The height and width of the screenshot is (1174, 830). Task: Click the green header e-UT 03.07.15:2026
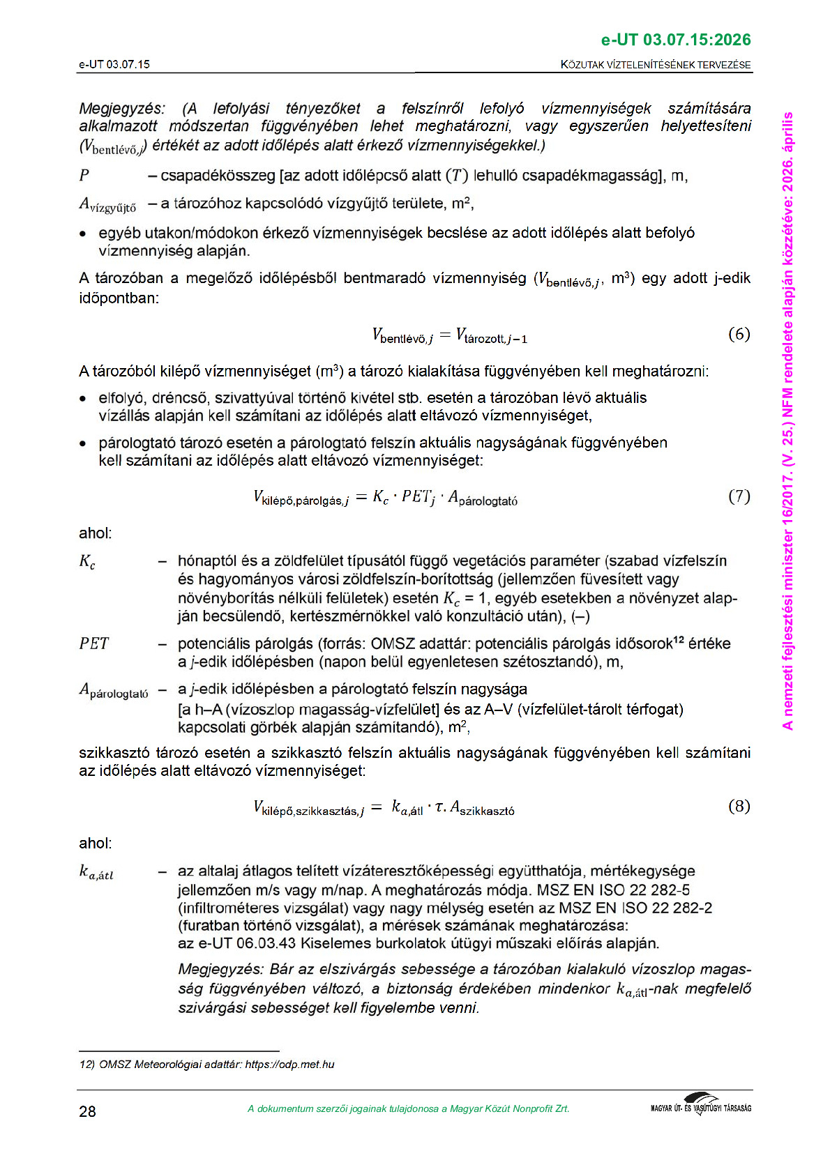click(x=675, y=40)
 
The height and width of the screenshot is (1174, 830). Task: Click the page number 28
click(x=87, y=1111)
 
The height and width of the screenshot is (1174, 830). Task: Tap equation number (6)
click(x=739, y=334)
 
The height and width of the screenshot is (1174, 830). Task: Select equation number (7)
click(x=739, y=496)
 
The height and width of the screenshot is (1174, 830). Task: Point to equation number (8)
click(x=739, y=807)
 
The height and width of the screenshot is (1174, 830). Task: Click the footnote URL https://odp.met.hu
click(x=289, y=1065)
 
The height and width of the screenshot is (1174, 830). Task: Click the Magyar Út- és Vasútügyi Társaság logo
click(x=700, y=1104)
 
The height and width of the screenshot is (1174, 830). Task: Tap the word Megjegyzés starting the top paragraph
click(x=122, y=109)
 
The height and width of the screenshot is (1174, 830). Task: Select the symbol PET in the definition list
click(x=93, y=643)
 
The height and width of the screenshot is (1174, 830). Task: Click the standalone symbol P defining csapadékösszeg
click(x=84, y=176)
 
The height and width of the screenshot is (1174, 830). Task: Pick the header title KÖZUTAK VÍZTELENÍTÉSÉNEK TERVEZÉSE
click(x=656, y=65)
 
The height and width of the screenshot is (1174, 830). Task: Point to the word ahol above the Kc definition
click(x=95, y=533)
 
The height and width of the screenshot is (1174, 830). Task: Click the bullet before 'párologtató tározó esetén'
click(x=83, y=443)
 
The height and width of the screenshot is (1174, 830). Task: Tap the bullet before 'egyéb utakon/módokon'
click(x=83, y=234)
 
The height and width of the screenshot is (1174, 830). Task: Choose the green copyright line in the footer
click(x=408, y=1108)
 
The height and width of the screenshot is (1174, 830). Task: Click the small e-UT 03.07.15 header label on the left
click(x=114, y=65)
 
